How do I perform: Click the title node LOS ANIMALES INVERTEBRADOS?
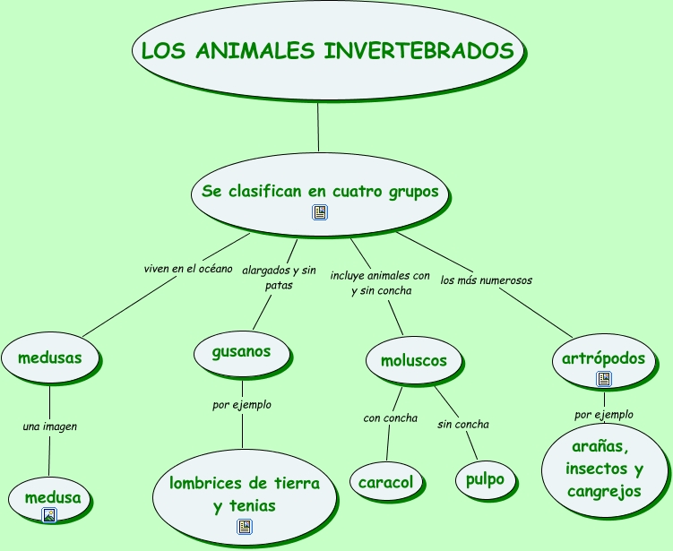(327, 50)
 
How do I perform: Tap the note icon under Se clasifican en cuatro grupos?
(320, 212)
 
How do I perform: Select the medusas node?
(50, 357)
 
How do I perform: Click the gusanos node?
(242, 352)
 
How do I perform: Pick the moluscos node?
(414, 360)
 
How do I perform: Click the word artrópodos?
(603, 358)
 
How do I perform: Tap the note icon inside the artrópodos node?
(604, 379)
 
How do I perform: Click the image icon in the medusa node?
(49, 515)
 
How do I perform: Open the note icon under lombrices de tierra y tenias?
(245, 527)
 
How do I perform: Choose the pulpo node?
(485, 479)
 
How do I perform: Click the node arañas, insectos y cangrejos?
(604, 469)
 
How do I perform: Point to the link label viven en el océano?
(188, 269)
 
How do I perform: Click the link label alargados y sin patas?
(279, 278)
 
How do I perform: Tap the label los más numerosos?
(487, 280)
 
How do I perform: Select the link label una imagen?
(50, 426)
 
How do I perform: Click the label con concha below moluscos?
(390, 418)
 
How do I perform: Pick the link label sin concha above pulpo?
(463, 425)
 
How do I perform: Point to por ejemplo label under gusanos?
(242, 405)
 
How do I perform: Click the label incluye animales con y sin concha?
(380, 283)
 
